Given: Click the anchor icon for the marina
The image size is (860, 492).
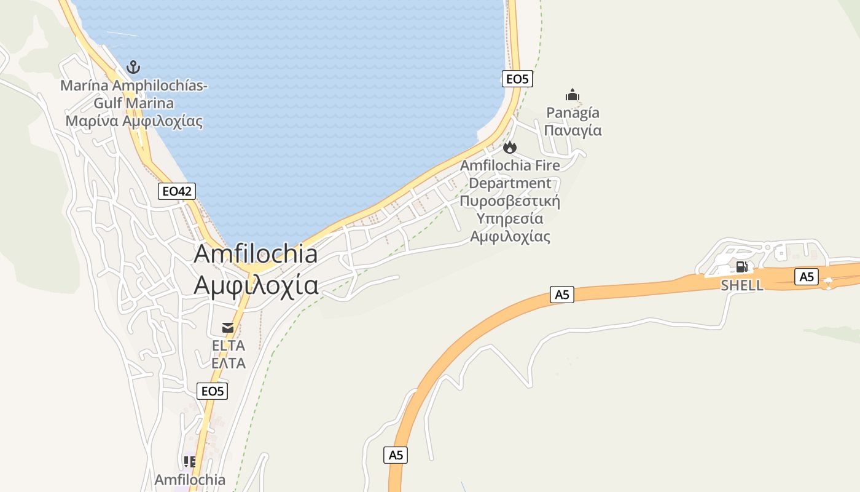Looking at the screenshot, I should click(133, 67).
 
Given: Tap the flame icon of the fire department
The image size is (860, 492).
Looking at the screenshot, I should click(509, 148).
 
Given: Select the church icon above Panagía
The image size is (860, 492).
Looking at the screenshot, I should click(573, 95).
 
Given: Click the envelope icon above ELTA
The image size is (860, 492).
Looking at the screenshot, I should click(228, 327).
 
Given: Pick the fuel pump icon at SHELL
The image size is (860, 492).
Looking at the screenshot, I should click(741, 267).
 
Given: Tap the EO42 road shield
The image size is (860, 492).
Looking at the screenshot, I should click(177, 191).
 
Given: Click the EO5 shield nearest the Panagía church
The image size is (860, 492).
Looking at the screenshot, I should click(517, 79).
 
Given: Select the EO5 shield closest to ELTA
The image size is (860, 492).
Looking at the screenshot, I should click(213, 391).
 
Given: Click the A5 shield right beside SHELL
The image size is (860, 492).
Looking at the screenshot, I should click(807, 277).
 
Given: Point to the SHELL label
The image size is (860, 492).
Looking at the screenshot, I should click(742, 285).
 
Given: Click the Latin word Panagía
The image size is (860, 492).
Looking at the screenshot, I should click(573, 113).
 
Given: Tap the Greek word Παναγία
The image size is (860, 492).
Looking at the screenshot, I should click(573, 130).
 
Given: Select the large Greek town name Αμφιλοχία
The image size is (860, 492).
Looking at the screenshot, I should click(256, 285).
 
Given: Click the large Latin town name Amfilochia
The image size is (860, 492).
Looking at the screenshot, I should click(256, 254).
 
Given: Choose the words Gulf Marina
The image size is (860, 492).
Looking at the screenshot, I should click(134, 103).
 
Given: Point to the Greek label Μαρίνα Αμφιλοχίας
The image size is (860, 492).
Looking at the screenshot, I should click(134, 121).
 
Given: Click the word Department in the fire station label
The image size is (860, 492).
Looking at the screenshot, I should click(510, 183).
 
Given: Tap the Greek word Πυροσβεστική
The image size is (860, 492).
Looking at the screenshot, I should click(510, 201).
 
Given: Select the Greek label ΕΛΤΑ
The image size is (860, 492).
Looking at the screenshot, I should click(229, 363).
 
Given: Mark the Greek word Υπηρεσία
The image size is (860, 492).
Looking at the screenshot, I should click(510, 219).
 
